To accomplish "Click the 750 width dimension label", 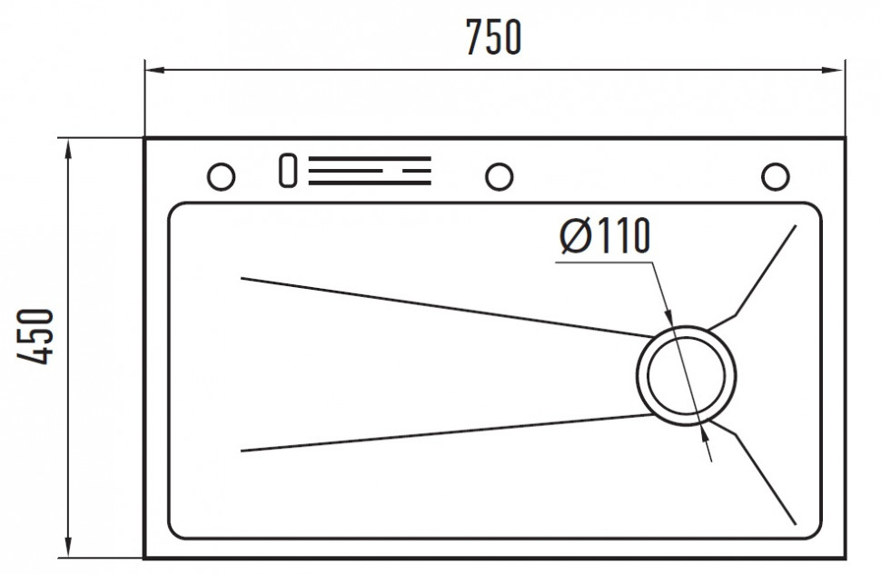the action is [x=494, y=37].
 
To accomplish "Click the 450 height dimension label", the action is [x=35, y=336].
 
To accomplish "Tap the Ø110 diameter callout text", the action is [x=605, y=235].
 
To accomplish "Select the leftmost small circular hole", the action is [x=221, y=176].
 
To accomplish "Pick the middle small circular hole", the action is [x=499, y=176].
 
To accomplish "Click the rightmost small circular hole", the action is [x=776, y=176].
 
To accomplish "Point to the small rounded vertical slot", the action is [x=288, y=170].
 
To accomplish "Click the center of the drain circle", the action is [x=686, y=375].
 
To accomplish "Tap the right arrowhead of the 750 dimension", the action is [x=833, y=70].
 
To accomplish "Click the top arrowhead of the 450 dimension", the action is [x=68, y=150].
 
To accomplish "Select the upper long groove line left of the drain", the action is [x=447, y=307].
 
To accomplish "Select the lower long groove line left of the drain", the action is [x=447, y=432].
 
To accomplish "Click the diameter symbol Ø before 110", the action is [x=575, y=235].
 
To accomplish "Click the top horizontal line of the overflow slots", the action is [x=369, y=158].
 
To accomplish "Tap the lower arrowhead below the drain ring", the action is [x=704, y=432].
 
